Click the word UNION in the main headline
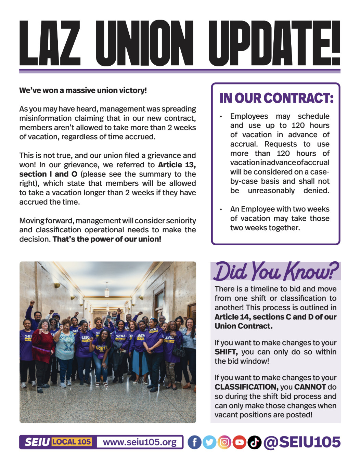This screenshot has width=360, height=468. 144,43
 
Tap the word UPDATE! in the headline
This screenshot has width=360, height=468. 274,43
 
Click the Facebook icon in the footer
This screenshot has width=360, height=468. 194,442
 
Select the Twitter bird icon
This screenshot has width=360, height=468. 209,442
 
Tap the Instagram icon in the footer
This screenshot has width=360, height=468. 224,442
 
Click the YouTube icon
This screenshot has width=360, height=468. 240,442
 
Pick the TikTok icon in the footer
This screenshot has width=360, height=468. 254,442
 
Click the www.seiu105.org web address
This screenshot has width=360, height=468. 140,442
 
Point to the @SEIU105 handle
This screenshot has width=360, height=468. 302,442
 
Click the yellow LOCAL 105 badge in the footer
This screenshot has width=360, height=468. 72,442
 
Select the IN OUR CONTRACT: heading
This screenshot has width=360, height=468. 276,98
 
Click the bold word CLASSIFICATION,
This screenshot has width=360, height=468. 246,387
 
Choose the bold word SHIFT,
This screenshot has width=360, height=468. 226,352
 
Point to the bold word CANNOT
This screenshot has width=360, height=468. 310,387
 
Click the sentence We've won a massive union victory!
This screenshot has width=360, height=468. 83,90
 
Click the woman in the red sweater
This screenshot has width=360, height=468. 43,346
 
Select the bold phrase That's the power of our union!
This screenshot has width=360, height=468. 107,239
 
